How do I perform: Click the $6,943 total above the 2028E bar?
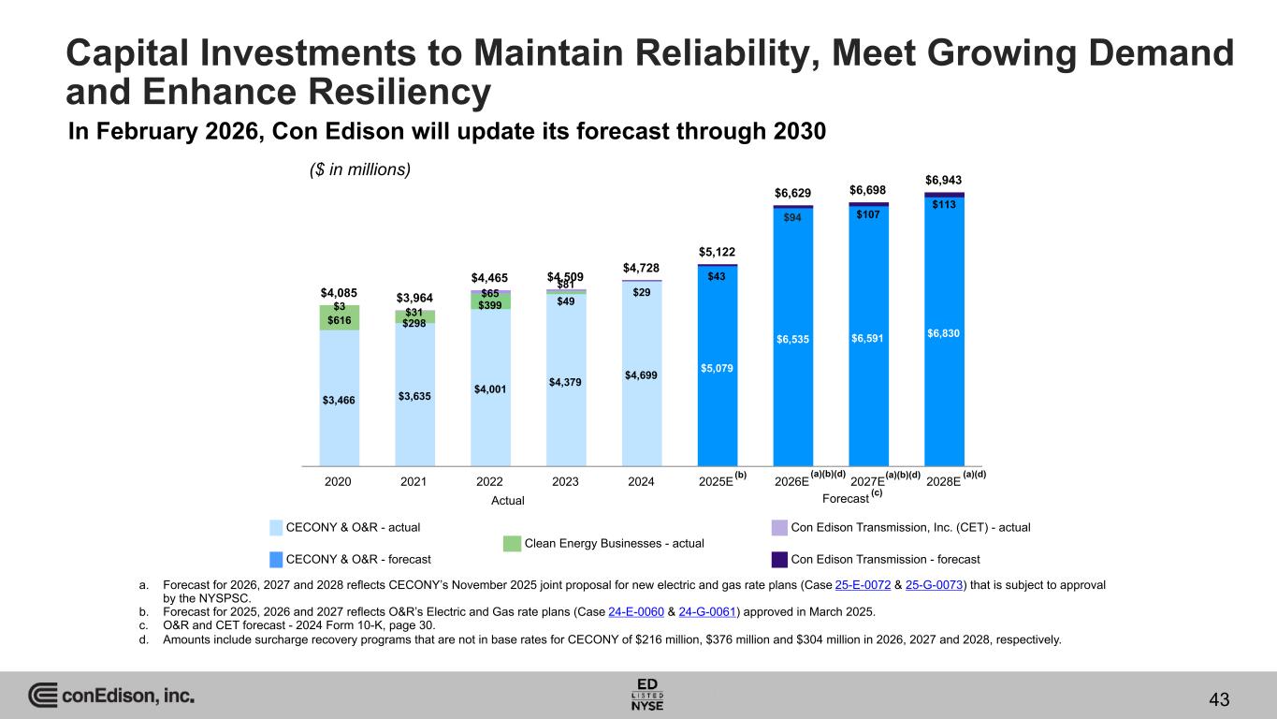pyautogui.click(x=943, y=180)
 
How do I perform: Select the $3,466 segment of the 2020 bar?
pyautogui.click(x=338, y=400)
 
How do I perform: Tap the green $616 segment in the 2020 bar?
pyautogui.click(x=338, y=320)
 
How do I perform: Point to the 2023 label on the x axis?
pyautogui.click(x=565, y=481)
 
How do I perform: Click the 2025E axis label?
pyautogui.click(x=716, y=481)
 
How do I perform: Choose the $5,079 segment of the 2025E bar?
pyautogui.click(x=717, y=368)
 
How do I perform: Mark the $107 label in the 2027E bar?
pyautogui.click(x=868, y=213)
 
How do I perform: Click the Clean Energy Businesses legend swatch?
pyautogui.click(x=512, y=543)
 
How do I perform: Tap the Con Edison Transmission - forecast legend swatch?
pyautogui.click(x=779, y=559)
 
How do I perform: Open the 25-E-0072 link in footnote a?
pyautogui.click(x=861, y=584)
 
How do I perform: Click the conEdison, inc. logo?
pyautogui.click(x=111, y=696)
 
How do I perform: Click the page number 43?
pyautogui.click(x=1218, y=698)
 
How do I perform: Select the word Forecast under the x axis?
pyautogui.click(x=845, y=499)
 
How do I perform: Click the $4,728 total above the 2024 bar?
pyautogui.click(x=641, y=269)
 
